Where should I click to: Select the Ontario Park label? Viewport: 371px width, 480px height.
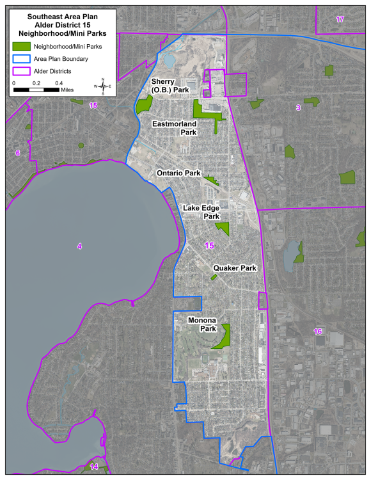(x=179, y=173)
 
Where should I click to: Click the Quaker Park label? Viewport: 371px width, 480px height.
(x=235, y=268)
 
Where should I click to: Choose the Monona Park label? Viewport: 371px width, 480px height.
(x=202, y=324)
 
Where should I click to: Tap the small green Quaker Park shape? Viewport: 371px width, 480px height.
(x=214, y=277)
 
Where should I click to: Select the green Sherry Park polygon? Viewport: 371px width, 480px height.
(x=144, y=104)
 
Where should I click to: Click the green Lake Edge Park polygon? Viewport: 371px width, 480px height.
(x=223, y=228)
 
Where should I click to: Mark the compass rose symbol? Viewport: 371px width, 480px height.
(x=102, y=85)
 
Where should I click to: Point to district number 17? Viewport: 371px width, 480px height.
(x=340, y=19)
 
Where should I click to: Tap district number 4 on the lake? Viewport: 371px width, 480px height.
(x=79, y=246)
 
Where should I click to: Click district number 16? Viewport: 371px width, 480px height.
(x=318, y=331)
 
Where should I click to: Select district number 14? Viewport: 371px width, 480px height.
(x=94, y=467)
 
